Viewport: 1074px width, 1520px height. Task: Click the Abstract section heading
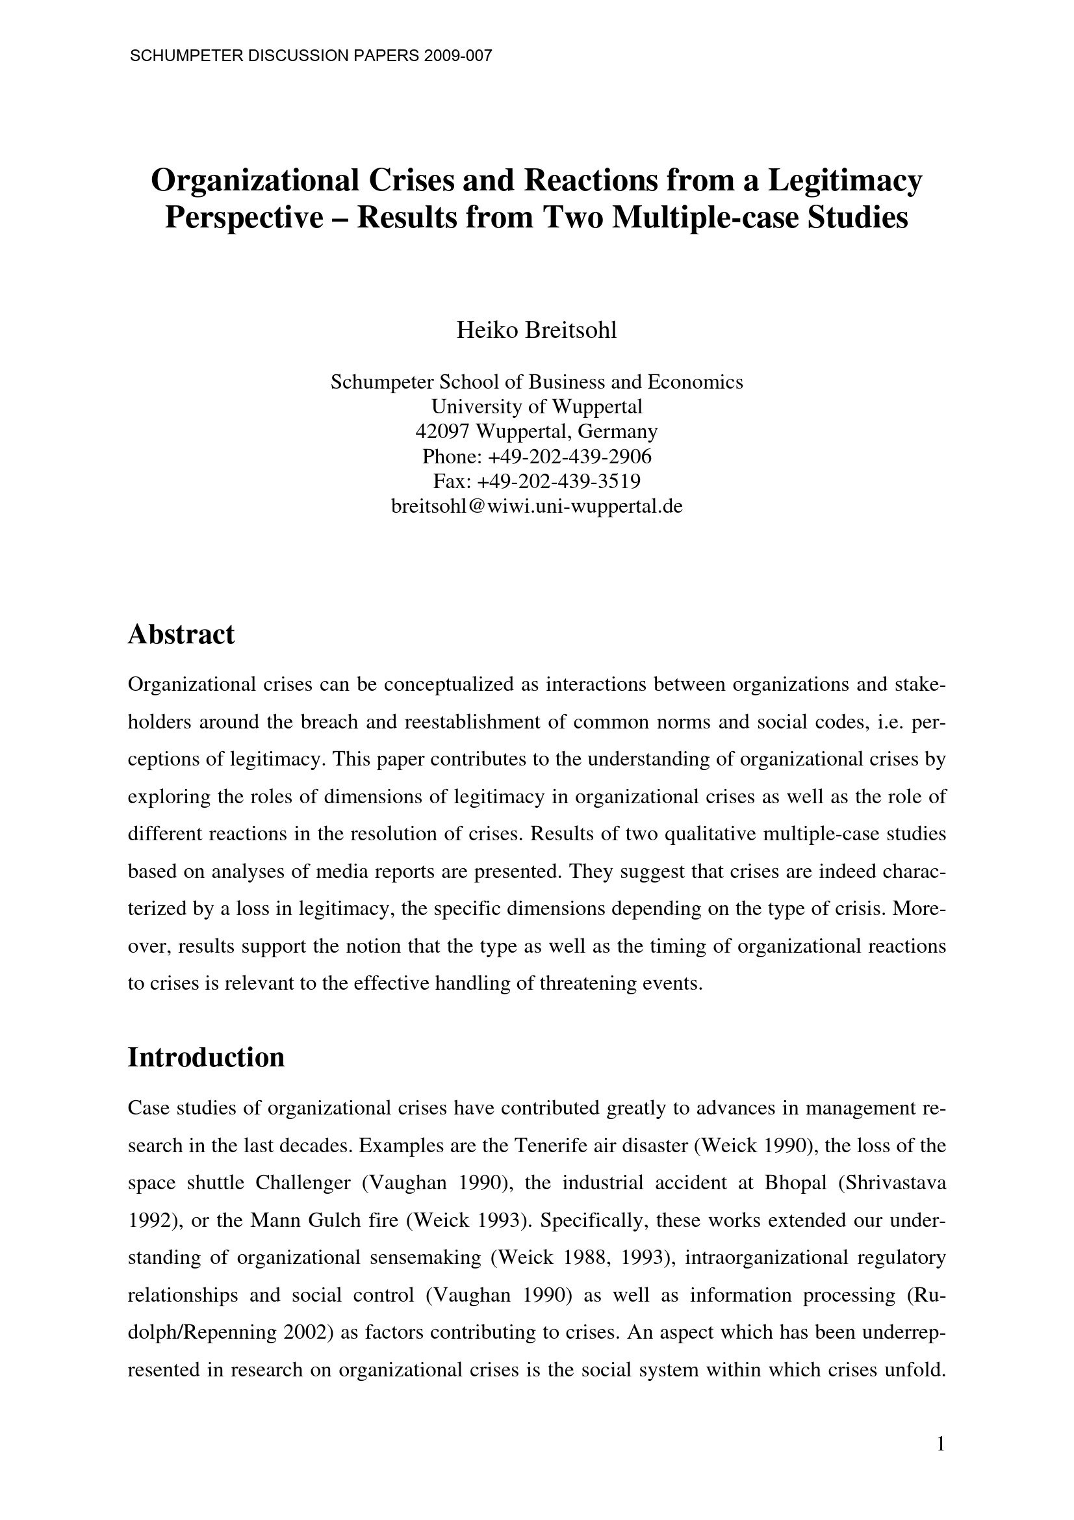coord(181,635)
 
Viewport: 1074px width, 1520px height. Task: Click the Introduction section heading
coord(206,1058)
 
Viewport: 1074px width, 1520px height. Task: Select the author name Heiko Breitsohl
coord(536,329)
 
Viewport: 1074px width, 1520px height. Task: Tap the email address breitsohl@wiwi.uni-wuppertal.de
coord(537,506)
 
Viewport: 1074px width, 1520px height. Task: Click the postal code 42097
coord(442,432)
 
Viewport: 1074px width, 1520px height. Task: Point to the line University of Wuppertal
coord(537,406)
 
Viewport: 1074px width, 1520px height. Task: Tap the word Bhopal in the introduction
coord(795,1183)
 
